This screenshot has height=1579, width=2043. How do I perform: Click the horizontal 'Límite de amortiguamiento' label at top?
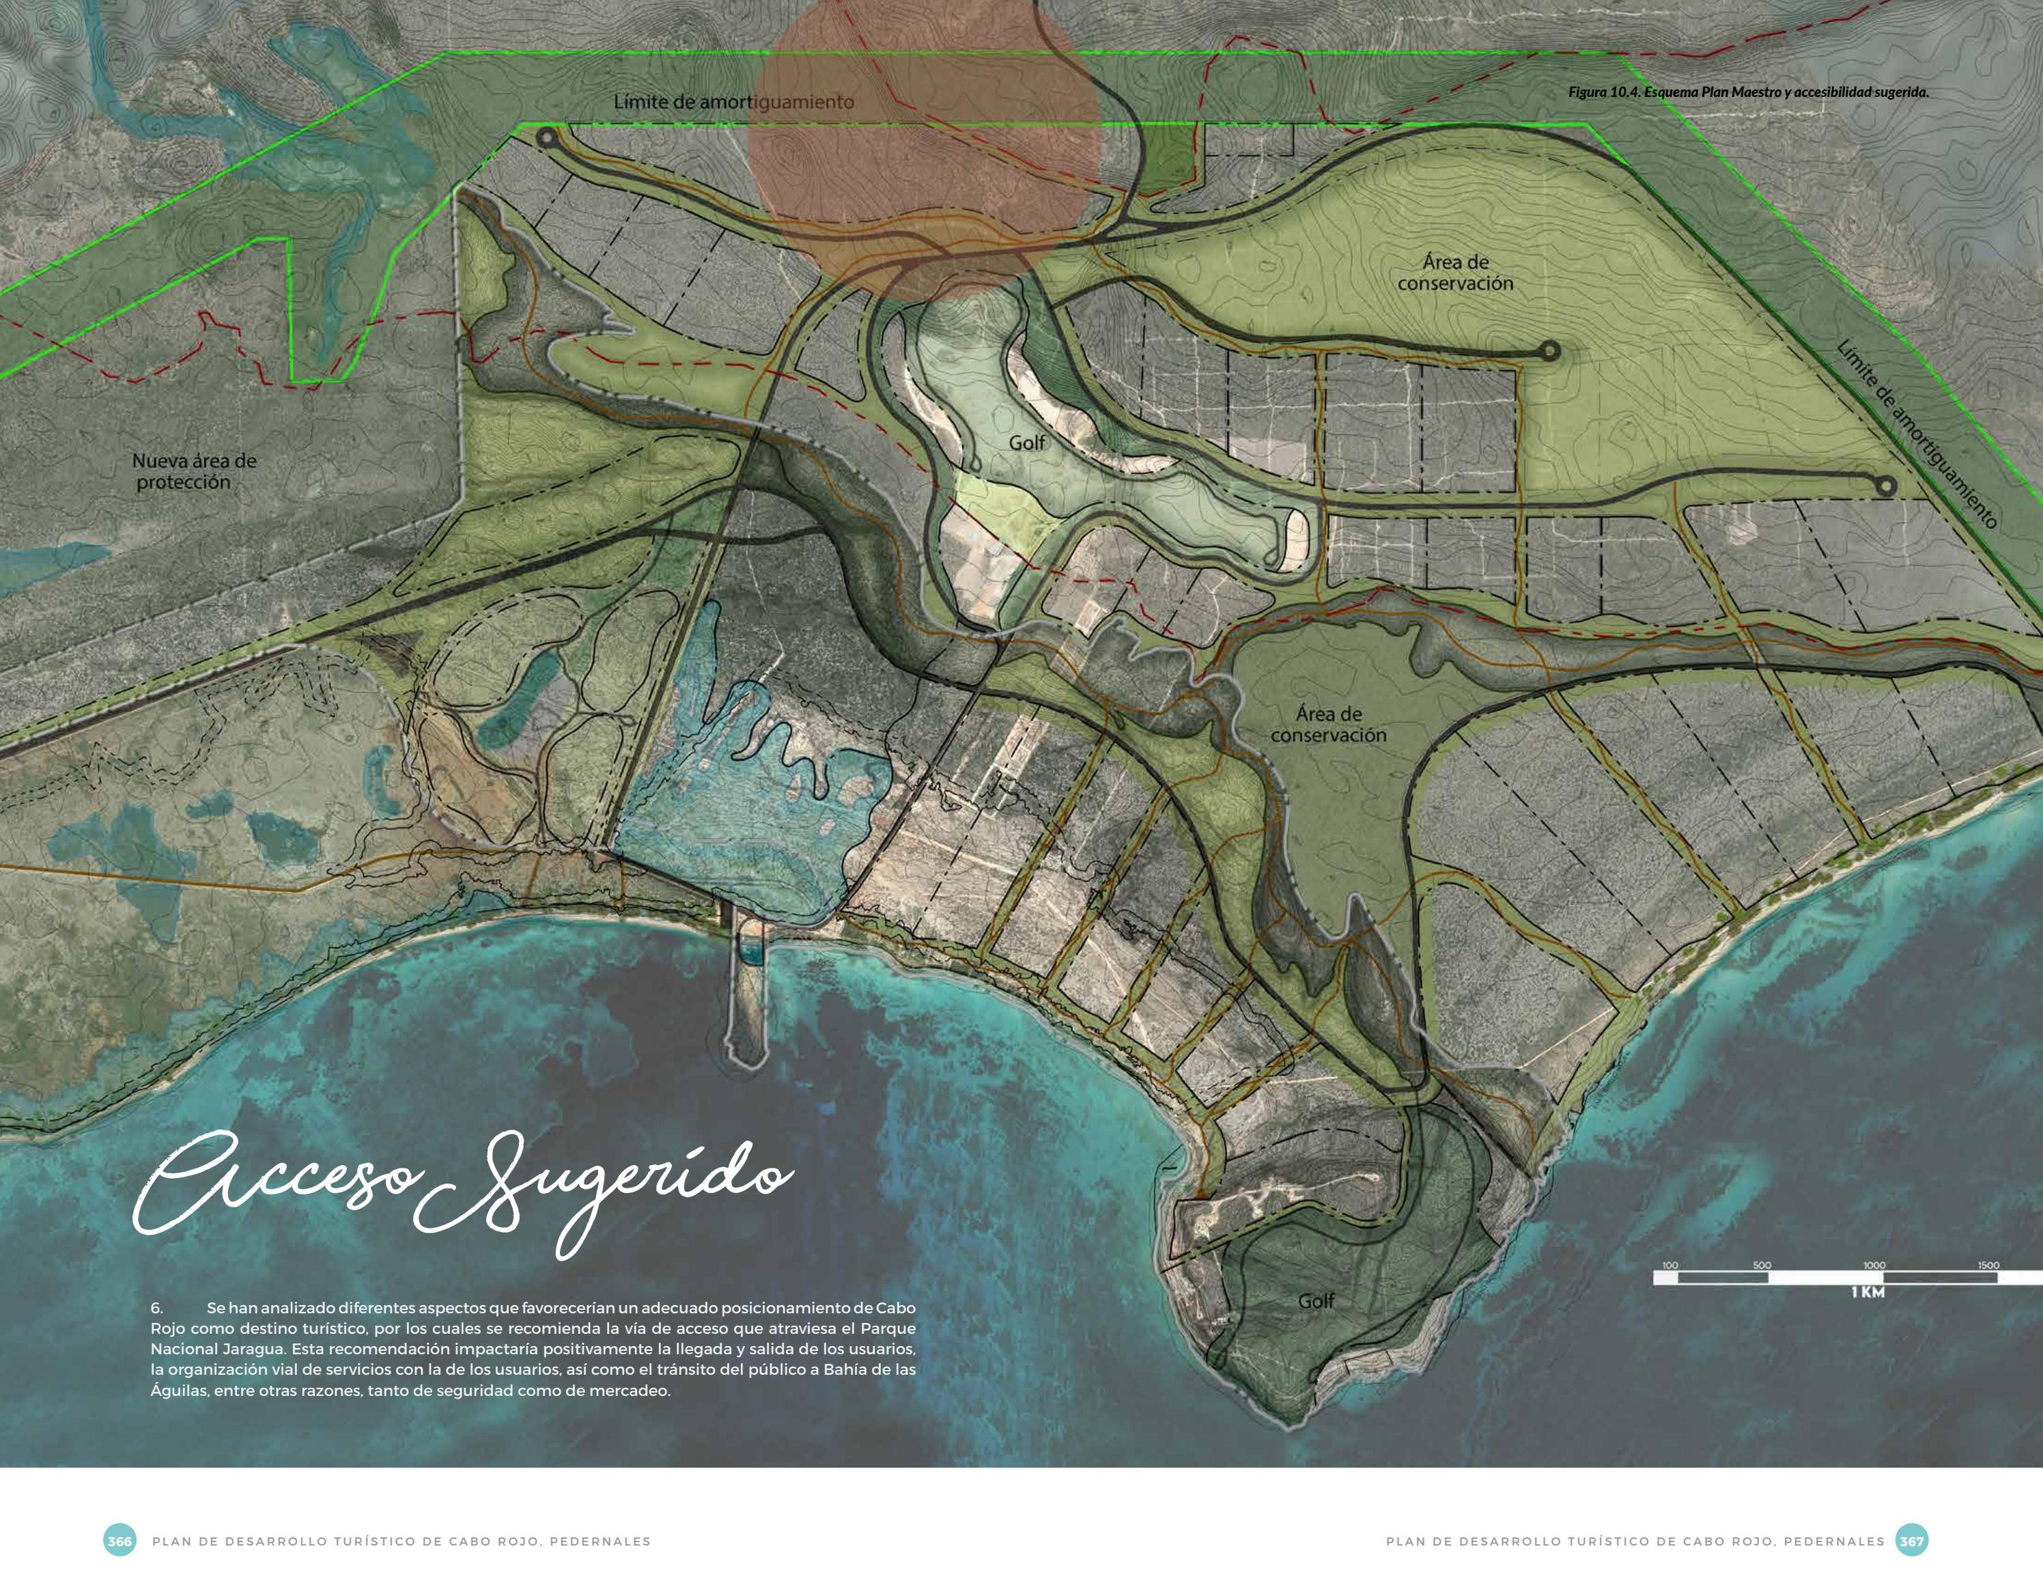click(733, 101)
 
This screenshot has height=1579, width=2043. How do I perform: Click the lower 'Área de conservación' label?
click(1328, 725)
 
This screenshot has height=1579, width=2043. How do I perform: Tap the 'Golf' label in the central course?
click(1026, 443)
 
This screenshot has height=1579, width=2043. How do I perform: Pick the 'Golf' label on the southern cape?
click(1315, 1300)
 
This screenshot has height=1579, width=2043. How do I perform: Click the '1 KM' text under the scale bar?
click(1867, 1292)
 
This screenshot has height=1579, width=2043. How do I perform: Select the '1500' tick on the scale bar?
click(1988, 1265)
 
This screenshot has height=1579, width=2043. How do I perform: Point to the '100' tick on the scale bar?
click(1669, 1265)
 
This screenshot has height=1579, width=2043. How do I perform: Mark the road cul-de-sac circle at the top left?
click(546, 139)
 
